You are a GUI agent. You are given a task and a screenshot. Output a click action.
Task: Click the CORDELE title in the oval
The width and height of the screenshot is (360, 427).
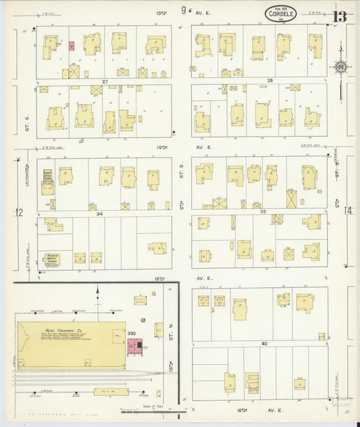(279, 12)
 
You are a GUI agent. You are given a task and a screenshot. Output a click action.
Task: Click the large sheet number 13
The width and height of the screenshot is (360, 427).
(340, 16)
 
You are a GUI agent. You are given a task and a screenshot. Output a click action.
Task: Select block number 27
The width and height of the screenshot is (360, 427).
(105, 81)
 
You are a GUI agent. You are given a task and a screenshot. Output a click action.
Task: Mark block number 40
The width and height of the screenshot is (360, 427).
(265, 344)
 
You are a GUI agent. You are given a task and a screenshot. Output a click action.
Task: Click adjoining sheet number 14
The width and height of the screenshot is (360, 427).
(348, 211)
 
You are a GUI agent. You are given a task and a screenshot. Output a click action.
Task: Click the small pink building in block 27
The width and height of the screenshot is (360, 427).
(71, 47)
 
